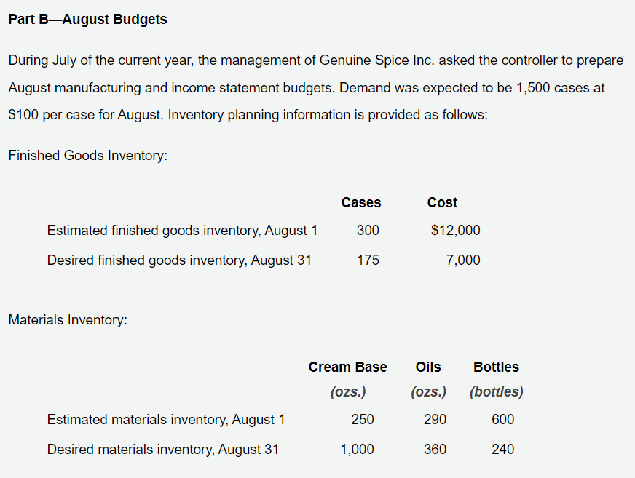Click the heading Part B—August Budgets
(88, 20)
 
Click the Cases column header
(361, 202)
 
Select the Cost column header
(442, 202)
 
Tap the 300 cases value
(368, 231)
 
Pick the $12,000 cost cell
(456, 231)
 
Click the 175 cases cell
(368, 260)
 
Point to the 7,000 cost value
(463, 260)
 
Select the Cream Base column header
(348, 367)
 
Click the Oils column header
(428, 367)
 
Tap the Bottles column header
(496, 367)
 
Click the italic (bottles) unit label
(497, 392)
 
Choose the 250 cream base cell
(363, 419)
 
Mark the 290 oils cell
(435, 419)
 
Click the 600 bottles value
(503, 419)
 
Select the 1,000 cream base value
(357, 450)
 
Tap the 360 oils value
(435, 450)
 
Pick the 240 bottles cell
(503, 450)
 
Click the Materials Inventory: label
(68, 319)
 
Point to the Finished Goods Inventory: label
(88, 156)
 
